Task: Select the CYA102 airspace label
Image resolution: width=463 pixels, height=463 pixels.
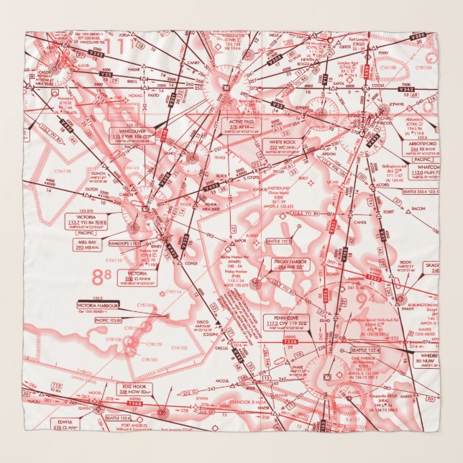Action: point(178,347)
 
